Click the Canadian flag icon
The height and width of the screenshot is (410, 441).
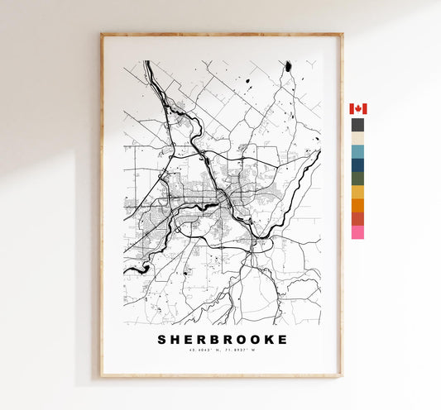(x=357, y=109)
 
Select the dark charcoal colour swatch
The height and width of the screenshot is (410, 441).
(x=357, y=125)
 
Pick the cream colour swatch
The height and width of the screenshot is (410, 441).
(x=357, y=138)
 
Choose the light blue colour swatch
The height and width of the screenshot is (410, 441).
(x=357, y=151)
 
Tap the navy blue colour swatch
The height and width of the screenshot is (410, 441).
(x=357, y=164)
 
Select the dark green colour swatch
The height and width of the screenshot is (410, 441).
(x=357, y=178)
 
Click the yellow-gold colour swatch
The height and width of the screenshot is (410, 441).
(x=357, y=192)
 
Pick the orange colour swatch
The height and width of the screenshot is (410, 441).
(x=357, y=205)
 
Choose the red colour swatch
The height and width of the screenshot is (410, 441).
(x=357, y=218)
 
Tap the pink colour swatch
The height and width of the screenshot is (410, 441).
(x=357, y=232)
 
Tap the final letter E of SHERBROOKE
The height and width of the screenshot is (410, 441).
(x=284, y=340)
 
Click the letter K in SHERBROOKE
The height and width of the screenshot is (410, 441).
(x=270, y=340)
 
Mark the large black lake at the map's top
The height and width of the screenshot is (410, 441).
(x=288, y=66)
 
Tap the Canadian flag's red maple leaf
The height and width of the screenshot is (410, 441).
(x=357, y=109)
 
